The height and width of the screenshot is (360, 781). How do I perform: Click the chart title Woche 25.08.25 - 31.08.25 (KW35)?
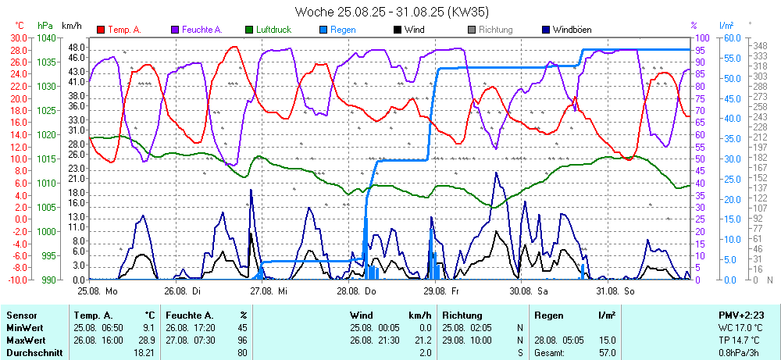(392, 12)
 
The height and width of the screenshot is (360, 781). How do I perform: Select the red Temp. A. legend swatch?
(101, 30)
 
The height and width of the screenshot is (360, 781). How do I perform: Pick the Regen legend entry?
(343, 30)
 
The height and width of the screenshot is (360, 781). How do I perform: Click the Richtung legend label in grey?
(495, 30)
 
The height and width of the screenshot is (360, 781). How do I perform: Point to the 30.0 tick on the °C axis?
(17, 37)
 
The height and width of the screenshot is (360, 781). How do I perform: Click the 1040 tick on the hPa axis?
(46, 37)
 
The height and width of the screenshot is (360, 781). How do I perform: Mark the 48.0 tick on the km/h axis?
(76, 47)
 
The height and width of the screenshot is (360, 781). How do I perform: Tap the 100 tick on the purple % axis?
(701, 37)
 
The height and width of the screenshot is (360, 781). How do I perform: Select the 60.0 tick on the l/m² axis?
(731, 37)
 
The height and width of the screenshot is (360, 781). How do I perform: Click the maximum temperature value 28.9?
(148, 341)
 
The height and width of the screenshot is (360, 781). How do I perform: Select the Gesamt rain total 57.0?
(606, 353)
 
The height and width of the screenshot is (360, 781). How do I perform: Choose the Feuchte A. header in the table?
(190, 315)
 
